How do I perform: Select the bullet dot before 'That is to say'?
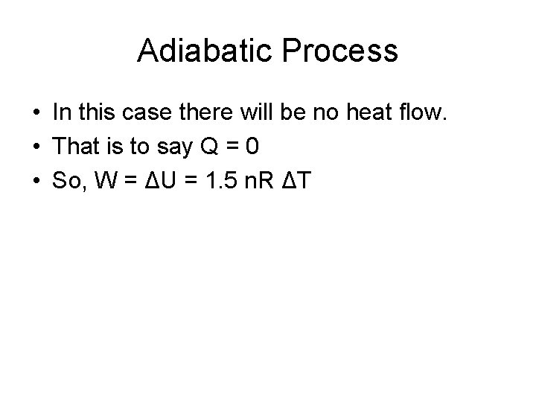tap(35, 147)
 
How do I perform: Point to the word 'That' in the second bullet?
tap(76, 147)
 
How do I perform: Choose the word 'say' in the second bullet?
tap(170, 147)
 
